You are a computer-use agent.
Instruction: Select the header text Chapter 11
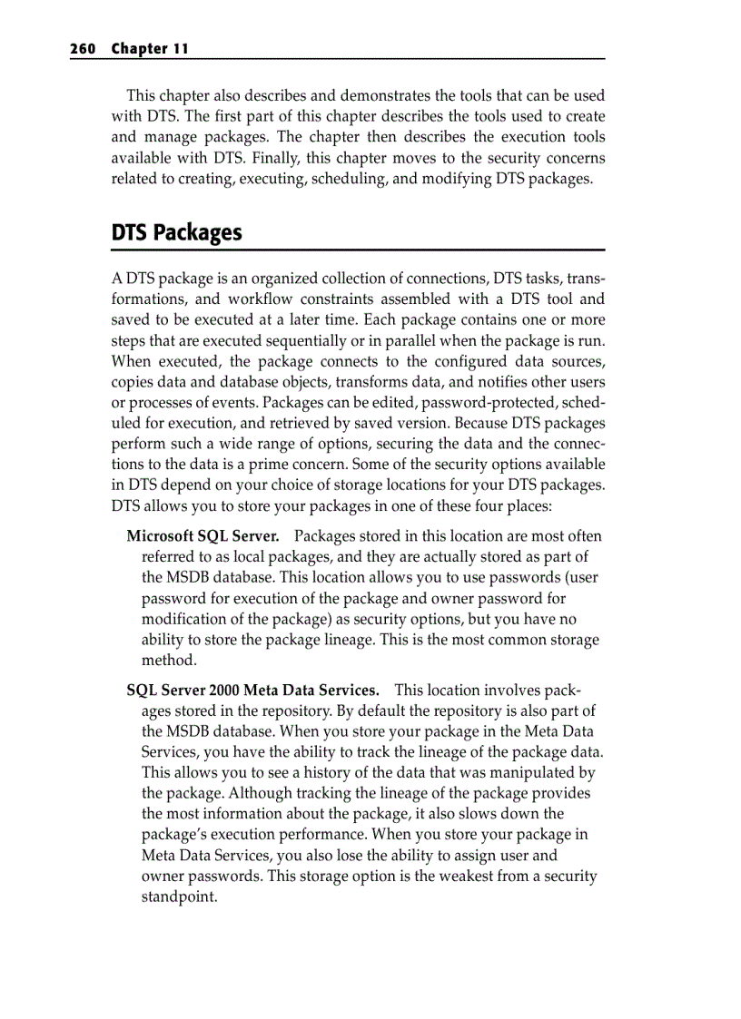coord(150,49)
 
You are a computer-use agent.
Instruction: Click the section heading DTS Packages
coord(177,233)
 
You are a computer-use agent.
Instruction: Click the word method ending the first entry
coord(169,661)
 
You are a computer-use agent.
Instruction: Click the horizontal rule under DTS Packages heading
coord(358,250)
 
